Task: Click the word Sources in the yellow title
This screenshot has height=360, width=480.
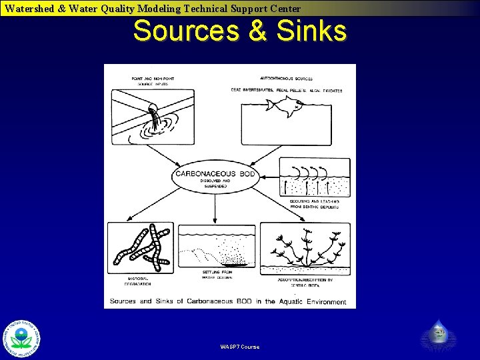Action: point(185,31)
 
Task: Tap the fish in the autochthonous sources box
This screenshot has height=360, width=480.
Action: point(286,105)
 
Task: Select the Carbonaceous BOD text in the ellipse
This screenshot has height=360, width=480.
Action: point(214,173)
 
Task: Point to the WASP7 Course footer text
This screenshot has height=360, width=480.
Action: point(240,347)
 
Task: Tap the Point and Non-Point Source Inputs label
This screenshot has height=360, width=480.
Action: point(150,81)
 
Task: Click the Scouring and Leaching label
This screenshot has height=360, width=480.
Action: point(315,203)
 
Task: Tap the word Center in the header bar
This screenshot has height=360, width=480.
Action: point(283,9)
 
